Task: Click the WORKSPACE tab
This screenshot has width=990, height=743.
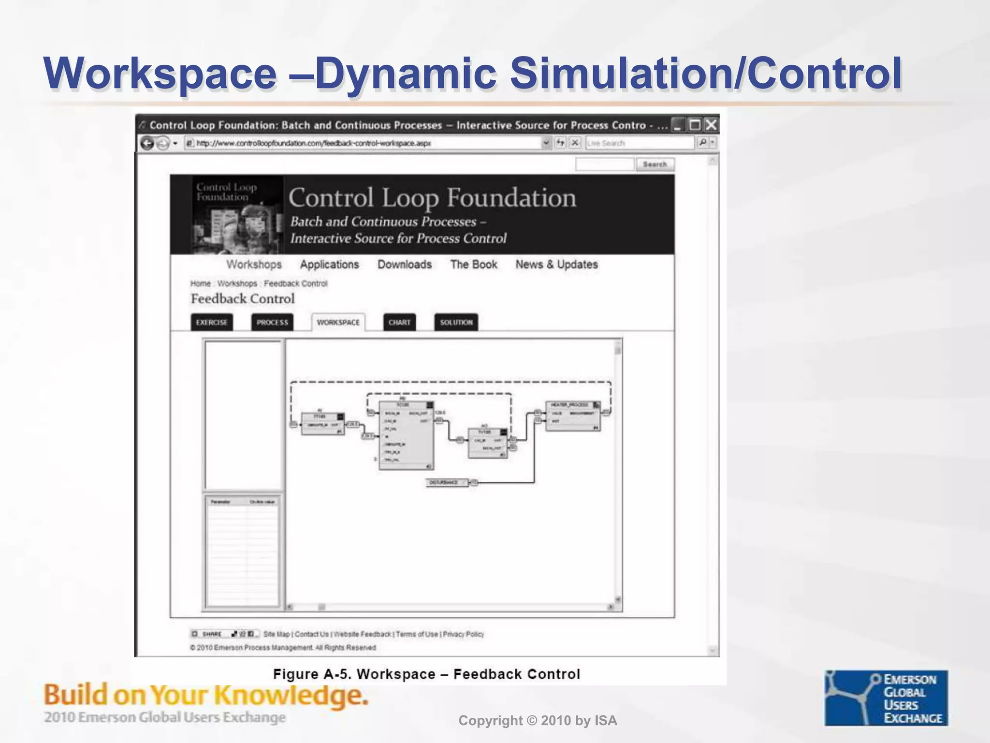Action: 338,322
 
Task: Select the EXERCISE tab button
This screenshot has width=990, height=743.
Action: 212,322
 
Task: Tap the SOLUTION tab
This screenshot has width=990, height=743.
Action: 456,322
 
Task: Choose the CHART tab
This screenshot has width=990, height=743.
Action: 399,322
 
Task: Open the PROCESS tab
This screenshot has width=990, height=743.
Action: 272,322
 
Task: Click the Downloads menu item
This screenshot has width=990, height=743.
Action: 404,265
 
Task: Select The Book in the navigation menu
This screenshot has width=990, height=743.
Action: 474,265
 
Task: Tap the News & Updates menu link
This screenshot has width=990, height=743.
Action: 556,265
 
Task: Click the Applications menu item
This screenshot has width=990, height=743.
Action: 329,265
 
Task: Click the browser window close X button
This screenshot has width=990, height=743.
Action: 711,125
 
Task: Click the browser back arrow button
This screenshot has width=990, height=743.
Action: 147,143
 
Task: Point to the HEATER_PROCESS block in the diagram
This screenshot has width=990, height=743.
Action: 573,416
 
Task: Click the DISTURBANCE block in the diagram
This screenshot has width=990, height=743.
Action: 447,483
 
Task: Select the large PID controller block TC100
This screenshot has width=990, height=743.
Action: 406,435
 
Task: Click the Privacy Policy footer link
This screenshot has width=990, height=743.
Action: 463,634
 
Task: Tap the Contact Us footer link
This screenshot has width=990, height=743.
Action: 311,634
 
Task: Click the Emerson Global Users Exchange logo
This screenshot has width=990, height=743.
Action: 886,698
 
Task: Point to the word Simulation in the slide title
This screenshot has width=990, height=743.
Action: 621,74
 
